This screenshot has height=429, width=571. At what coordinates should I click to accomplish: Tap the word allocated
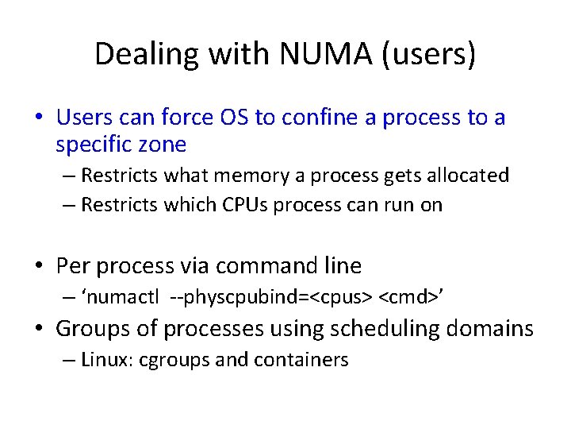[x=467, y=175]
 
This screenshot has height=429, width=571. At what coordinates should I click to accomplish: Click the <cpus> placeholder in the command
[x=340, y=298]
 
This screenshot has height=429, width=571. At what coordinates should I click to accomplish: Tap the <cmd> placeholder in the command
[x=408, y=298]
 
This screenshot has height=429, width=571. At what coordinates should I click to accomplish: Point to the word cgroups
[x=174, y=360]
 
